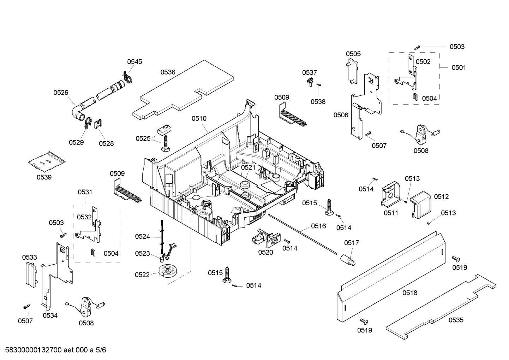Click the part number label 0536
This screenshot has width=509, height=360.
coord(168,72)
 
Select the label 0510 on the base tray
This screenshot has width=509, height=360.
coord(199,119)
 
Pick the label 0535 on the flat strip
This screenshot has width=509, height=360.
coord(456,320)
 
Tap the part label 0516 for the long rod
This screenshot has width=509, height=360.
coord(318,226)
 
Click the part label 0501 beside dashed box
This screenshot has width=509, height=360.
coord(459,67)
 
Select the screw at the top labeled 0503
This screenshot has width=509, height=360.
coord(418,47)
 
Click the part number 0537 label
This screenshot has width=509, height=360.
coord(309,72)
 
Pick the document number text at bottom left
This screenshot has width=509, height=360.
coord(53,350)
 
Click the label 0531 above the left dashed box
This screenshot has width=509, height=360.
coord(85,192)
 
